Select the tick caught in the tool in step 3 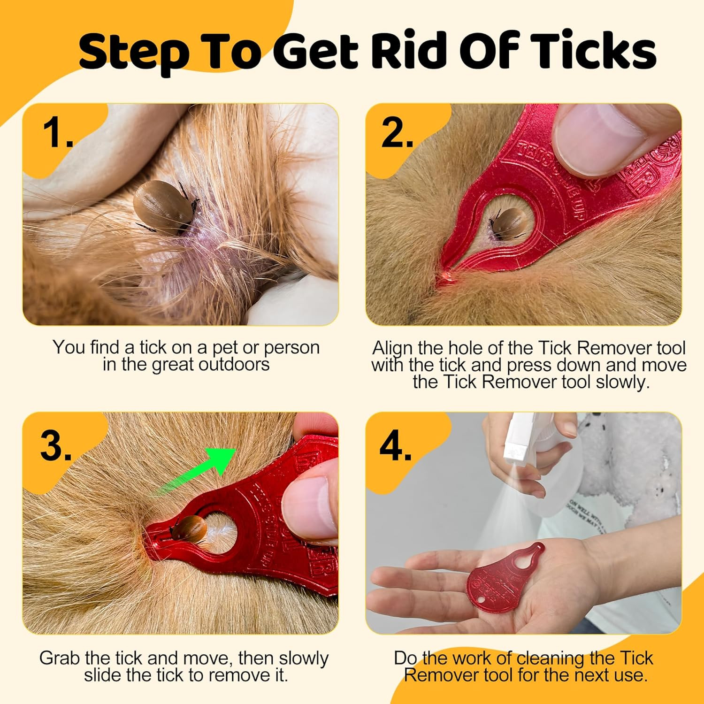point(190,528)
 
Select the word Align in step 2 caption point(393,348)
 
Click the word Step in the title point(134,53)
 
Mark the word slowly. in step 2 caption point(623,382)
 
